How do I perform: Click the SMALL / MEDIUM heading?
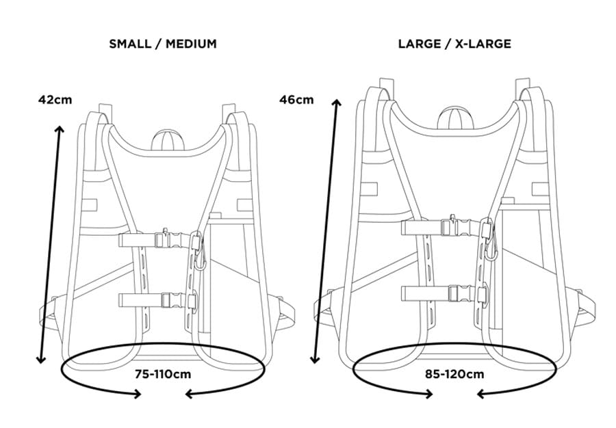pos(163,44)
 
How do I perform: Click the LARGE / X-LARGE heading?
pos(454,44)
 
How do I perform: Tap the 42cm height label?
pos(55,100)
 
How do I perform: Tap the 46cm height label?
pos(296,100)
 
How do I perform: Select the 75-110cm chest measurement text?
pos(163,374)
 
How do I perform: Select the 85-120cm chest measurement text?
pos(454,374)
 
